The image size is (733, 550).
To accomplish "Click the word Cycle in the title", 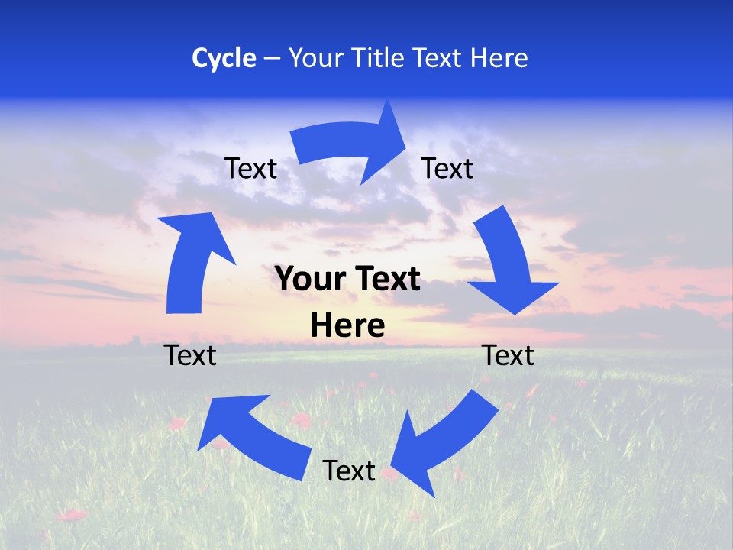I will click(224, 58).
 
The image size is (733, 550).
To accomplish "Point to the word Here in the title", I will click(498, 58).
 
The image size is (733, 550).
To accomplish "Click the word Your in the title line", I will click(315, 58).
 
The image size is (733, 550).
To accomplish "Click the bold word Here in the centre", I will click(347, 326).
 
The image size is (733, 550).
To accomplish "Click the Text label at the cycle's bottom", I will click(349, 471).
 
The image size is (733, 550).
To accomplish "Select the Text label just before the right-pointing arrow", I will click(251, 169).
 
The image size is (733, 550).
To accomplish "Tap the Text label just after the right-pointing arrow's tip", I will click(447, 169).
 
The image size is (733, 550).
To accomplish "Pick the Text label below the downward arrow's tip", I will click(509, 355).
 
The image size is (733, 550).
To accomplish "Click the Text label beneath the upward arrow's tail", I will click(191, 355).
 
